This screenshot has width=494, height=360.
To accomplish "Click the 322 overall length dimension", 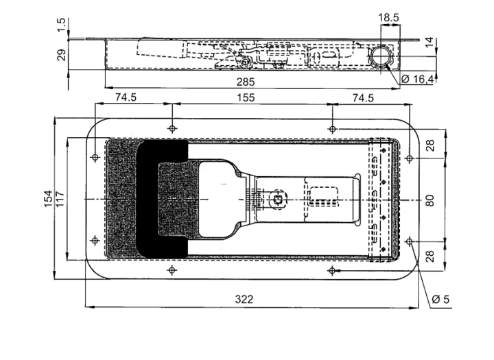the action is point(244,299).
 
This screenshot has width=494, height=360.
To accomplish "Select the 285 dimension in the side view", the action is point(246,82).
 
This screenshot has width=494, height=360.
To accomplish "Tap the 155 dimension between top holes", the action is point(246,97).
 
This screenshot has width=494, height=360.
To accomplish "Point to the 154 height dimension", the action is point(48,199).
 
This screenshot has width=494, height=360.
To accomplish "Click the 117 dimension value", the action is point(60,199).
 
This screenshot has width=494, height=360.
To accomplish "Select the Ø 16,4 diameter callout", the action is point(418,79).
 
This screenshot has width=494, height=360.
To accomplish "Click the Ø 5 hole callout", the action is point(440,299).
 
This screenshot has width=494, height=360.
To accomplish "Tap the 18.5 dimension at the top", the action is point(388,18).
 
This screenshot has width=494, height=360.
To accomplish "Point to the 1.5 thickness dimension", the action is point(62,25).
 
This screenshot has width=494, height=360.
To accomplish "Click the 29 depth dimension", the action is point(62,55).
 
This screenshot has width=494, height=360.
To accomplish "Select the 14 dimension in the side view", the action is point(430,43).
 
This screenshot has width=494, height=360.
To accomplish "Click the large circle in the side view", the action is point(381,56).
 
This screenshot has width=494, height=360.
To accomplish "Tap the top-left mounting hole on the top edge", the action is point(172,128).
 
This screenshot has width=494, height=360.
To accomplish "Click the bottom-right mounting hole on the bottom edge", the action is point(332,270).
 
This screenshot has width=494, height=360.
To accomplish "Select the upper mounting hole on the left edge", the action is point(95,157).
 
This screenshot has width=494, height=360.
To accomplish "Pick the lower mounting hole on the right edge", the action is point(409,241).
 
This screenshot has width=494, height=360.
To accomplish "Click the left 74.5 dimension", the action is point(126,97).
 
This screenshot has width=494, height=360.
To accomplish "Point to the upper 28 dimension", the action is point(430,145).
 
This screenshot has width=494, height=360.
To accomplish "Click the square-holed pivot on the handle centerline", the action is point(278,199).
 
